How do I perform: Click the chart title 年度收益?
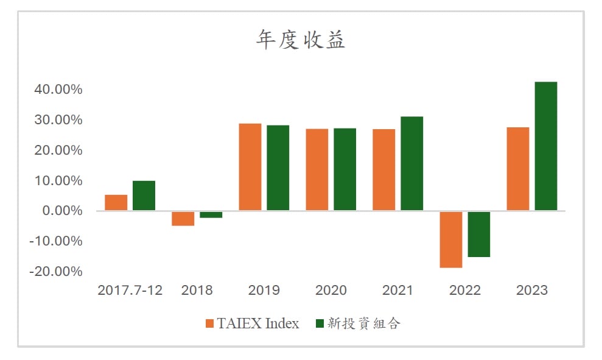click(x=301, y=40)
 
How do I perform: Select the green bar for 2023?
click(x=545, y=146)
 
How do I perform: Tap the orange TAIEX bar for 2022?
click(x=451, y=239)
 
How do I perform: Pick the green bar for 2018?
click(x=211, y=215)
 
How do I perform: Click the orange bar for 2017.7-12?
click(x=116, y=203)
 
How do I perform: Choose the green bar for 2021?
click(x=412, y=164)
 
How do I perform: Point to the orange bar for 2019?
click(x=250, y=167)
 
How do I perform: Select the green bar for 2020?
click(x=345, y=169)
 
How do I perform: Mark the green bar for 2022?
click(x=479, y=234)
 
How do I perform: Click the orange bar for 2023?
click(x=518, y=169)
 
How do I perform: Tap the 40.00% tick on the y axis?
click(x=58, y=90)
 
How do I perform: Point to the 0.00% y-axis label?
click(x=62, y=211)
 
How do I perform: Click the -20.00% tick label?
click(x=56, y=271)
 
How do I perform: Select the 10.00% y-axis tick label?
click(x=58, y=180)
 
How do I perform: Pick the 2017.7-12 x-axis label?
click(x=130, y=290)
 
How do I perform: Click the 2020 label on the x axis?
click(x=331, y=290)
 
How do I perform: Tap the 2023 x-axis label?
click(x=532, y=290)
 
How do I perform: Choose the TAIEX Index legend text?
click(x=258, y=323)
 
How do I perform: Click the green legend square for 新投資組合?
click(x=320, y=323)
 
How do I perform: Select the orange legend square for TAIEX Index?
click(x=209, y=323)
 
